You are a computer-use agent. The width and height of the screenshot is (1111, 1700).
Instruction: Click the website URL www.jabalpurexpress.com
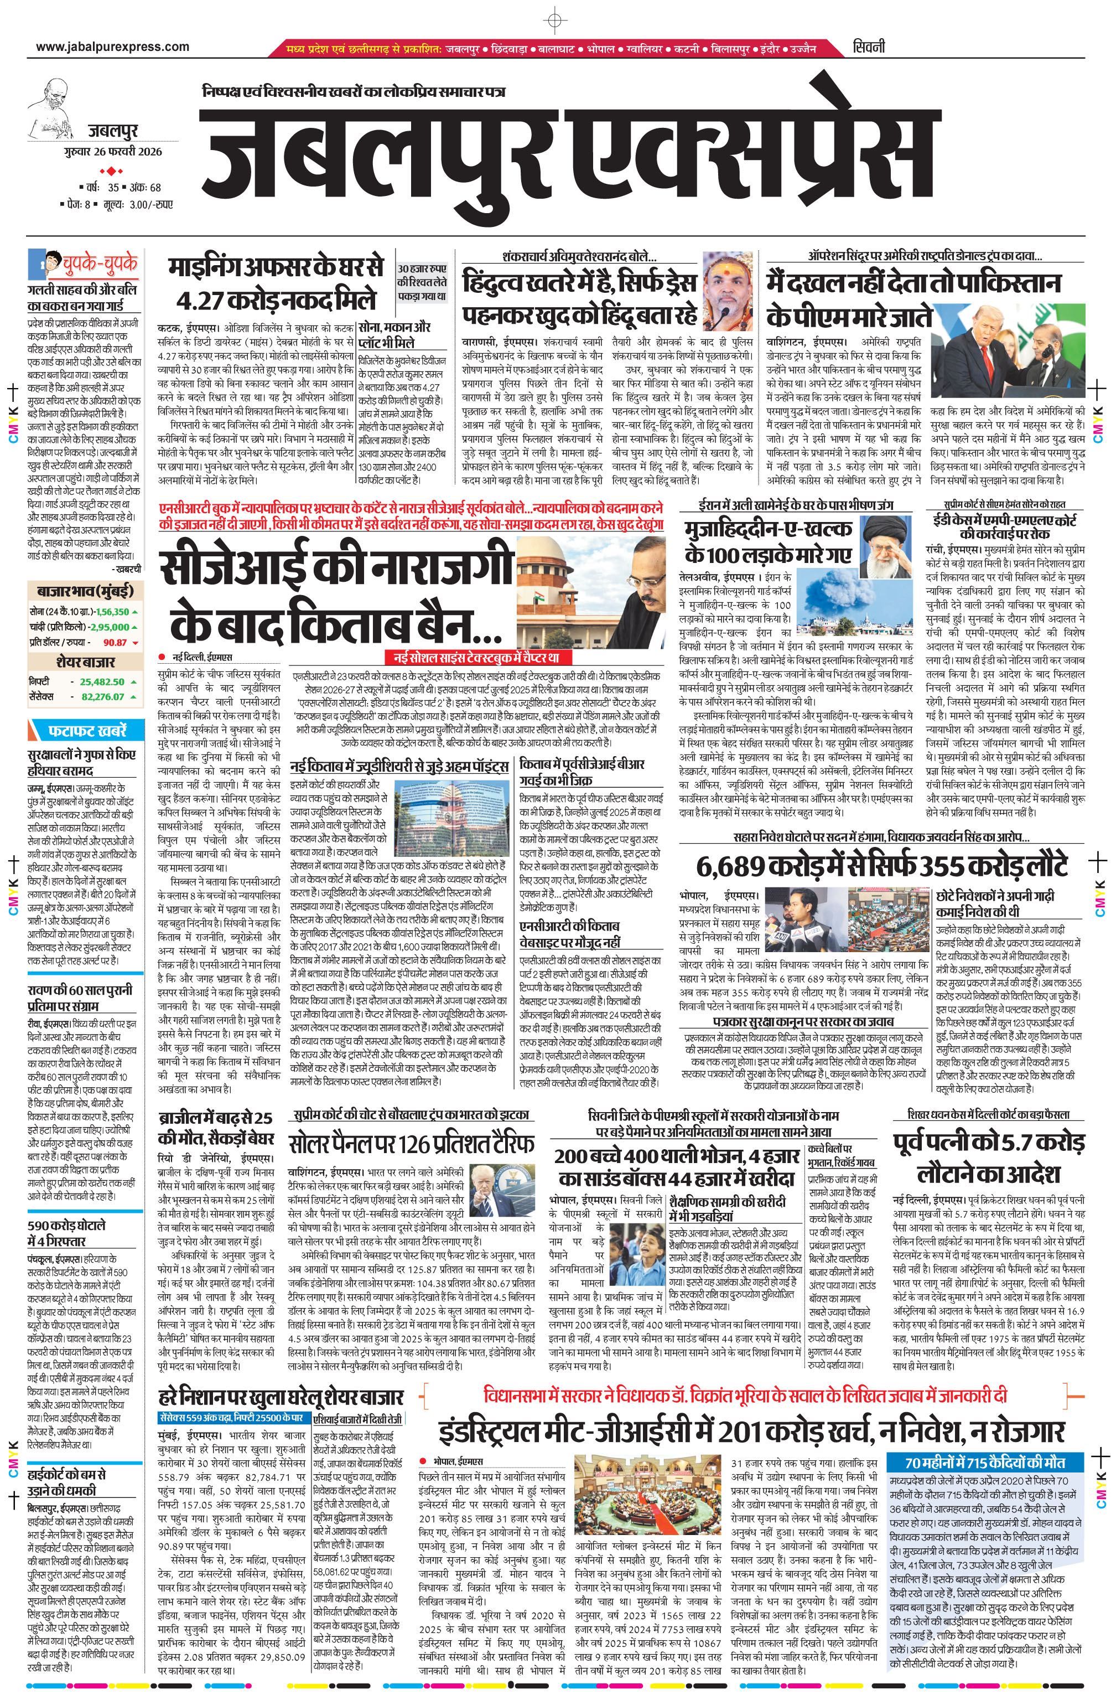click(x=112, y=47)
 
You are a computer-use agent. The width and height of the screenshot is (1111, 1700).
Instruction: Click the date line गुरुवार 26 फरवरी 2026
click(x=112, y=152)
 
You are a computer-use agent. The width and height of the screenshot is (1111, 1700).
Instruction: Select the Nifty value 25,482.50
click(x=102, y=681)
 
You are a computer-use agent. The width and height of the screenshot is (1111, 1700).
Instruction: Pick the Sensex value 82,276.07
click(x=102, y=696)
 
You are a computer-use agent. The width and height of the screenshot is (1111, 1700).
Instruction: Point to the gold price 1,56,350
click(x=112, y=612)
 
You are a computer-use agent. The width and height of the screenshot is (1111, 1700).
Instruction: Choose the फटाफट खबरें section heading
click(x=87, y=731)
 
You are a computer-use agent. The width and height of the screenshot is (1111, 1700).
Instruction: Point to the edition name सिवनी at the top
click(x=868, y=47)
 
